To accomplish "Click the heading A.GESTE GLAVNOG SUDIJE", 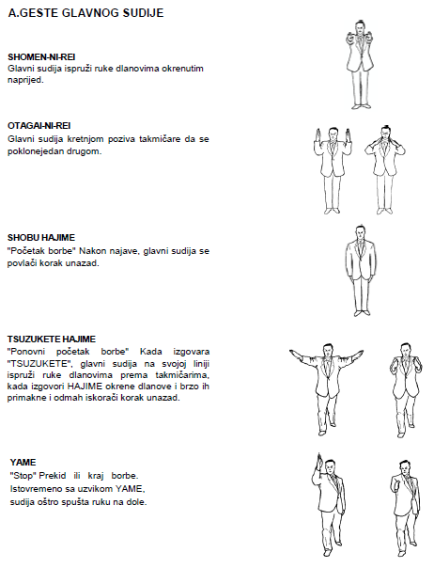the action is click(85, 13).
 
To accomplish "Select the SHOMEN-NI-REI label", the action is click(41, 57).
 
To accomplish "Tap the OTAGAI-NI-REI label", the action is click(39, 125).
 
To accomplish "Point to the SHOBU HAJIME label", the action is click(41, 238).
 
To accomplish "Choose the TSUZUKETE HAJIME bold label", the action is click(52, 339).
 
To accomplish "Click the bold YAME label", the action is click(23, 463).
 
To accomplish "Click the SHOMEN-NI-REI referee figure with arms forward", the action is click(360, 65).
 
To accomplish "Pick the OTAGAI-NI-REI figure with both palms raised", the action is click(333, 170).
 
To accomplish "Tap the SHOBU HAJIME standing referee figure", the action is click(360, 271).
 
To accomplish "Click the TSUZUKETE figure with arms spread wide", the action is click(326, 389).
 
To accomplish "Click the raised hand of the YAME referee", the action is click(318, 463).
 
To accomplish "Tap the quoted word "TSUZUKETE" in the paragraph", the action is click(39, 364).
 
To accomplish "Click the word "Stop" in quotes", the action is click(23, 476).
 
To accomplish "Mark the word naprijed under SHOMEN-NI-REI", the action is click(25, 80).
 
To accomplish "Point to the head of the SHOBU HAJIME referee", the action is click(360, 233).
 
